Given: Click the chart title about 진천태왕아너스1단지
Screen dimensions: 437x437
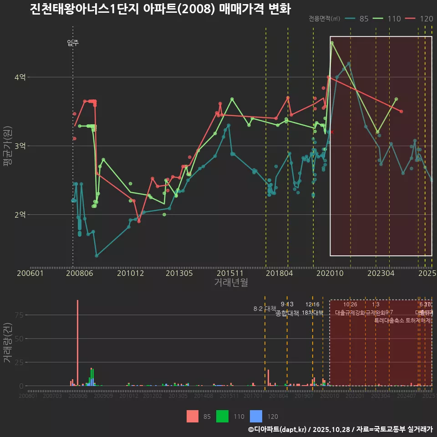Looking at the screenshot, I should pyautogui.click(x=160, y=9).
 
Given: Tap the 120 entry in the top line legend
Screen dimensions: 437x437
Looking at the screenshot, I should pyautogui.click(x=419, y=19).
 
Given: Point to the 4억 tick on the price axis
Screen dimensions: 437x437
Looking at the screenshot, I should pyautogui.click(x=20, y=77).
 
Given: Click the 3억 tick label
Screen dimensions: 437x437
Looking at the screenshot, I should pyautogui.click(x=20, y=146).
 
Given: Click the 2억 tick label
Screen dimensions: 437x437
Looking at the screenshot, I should pyautogui.click(x=20, y=214).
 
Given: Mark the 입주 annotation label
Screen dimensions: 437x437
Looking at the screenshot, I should pyautogui.click(x=73, y=43).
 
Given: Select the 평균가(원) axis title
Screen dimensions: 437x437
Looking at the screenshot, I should pyautogui.click(x=8, y=148).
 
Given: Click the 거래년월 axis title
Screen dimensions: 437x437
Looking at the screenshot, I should pyautogui.click(x=231, y=282).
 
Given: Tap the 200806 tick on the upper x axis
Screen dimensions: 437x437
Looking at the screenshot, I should pyautogui.click(x=80, y=273).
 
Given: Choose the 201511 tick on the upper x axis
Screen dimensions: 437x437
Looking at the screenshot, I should pyautogui.click(x=229, y=273).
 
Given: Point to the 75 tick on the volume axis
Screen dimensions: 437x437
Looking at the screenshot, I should pyautogui.click(x=19, y=315).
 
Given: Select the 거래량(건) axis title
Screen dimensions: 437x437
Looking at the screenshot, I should pyautogui.click(x=8, y=342).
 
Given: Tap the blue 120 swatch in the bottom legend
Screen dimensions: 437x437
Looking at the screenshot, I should pyautogui.click(x=257, y=416).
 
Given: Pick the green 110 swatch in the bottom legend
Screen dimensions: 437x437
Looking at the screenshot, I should pyautogui.click(x=223, y=416).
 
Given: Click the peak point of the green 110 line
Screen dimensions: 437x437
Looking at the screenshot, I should pyautogui.click(x=332, y=43).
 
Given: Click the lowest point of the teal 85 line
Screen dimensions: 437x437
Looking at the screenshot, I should pyautogui.click(x=97, y=255).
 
